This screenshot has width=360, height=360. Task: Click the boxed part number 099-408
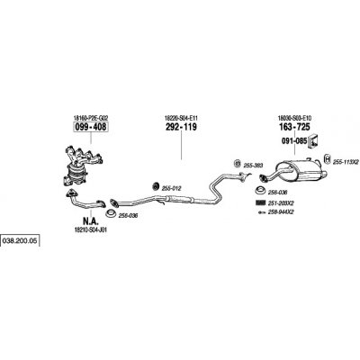(90, 127)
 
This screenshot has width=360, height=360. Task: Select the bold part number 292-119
(181, 127)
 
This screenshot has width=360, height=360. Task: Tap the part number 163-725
(294, 127)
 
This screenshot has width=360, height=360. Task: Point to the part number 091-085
(294, 140)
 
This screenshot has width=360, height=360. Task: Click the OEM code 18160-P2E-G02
(90, 118)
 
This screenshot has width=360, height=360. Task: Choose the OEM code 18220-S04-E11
(181, 118)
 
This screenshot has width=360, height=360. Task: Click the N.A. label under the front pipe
(90, 221)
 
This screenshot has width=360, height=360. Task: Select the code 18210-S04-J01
(90, 229)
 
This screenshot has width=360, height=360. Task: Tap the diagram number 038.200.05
(20, 240)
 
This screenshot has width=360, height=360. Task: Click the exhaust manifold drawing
(81, 165)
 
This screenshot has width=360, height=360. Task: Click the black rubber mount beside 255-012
(156, 186)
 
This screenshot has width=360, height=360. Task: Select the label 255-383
(253, 166)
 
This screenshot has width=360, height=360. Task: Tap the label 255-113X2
(346, 162)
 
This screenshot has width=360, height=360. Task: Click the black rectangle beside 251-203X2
(260, 202)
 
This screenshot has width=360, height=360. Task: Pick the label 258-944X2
(281, 212)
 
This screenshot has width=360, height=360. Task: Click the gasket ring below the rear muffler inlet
(260, 191)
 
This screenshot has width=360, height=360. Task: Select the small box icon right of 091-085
(313, 140)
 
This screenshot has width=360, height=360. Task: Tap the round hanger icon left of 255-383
(237, 164)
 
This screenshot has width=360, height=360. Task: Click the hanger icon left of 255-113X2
(328, 158)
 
